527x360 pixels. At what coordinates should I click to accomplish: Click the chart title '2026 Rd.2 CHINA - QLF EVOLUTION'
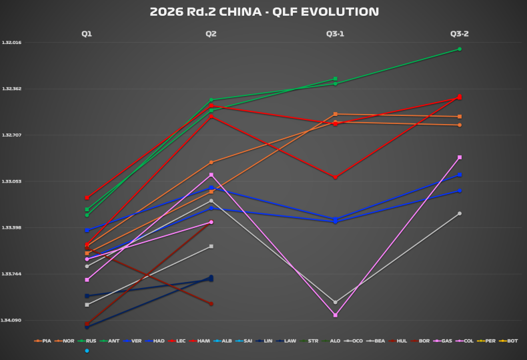pos(263,11)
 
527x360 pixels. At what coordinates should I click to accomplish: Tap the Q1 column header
pos(87,33)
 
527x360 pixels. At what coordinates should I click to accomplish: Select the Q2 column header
pos(211,33)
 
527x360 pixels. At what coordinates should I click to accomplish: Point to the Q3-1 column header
pos(335,33)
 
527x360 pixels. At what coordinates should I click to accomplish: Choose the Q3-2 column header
pos(459,33)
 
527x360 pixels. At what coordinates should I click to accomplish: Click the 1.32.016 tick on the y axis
pos(12,43)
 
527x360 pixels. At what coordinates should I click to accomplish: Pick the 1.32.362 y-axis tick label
pos(12,89)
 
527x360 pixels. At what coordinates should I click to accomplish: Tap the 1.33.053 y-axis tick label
pos(12,181)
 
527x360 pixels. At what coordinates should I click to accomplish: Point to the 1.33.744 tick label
pos(12,274)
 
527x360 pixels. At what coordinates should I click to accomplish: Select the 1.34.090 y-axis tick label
pos(12,321)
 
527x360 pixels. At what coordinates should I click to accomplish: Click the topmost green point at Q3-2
pos(460,49)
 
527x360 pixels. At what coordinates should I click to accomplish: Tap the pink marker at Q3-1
pos(335,315)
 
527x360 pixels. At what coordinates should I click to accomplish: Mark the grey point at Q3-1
pos(335,302)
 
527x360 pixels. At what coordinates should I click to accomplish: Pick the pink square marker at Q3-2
pos(460,157)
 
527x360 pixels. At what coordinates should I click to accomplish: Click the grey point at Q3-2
pos(460,213)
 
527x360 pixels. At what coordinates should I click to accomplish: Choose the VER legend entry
pos(135,341)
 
